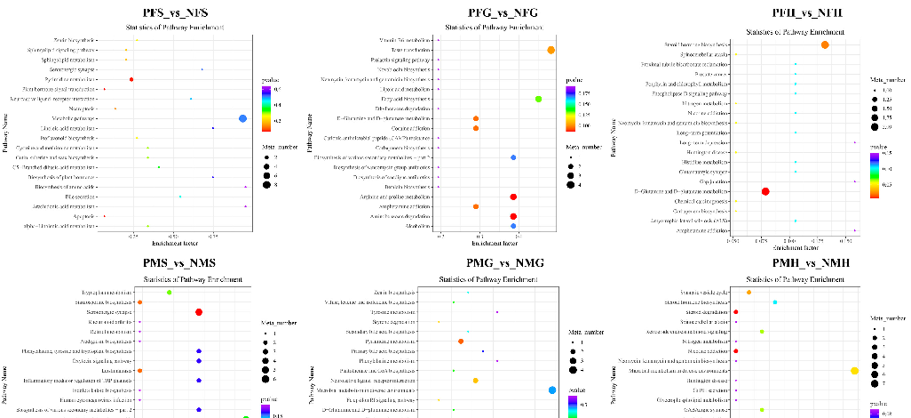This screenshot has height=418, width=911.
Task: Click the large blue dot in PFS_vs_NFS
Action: click(x=243, y=119)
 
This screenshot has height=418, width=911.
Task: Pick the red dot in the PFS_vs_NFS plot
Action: click(x=131, y=80)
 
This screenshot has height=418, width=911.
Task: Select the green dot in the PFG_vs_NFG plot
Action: click(x=538, y=99)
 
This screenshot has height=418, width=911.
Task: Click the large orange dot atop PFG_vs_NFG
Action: click(x=551, y=51)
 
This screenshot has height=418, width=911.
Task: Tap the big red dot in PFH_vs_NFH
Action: click(x=765, y=191)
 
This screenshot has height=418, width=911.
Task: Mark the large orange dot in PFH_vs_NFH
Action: click(x=825, y=44)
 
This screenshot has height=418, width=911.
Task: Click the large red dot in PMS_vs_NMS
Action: click(x=199, y=312)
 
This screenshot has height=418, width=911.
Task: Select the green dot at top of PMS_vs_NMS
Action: click(x=170, y=293)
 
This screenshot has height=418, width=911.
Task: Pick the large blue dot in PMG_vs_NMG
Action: click(x=552, y=390)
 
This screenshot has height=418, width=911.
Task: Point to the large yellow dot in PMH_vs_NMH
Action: click(x=854, y=371)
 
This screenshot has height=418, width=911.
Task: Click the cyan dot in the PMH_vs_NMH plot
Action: click(x=775, y=302)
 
